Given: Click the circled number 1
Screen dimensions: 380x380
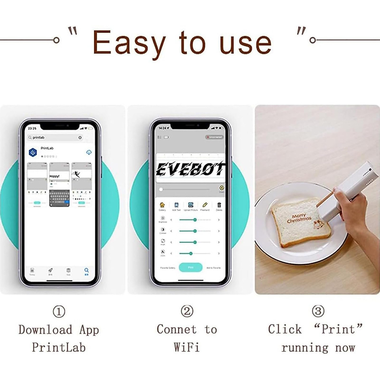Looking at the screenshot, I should tap(59, 311).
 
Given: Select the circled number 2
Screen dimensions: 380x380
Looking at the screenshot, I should tap(187, 311).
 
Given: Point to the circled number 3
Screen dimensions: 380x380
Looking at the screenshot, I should tap(318, 311).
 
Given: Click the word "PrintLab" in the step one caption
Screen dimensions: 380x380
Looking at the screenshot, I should tap(59, 347).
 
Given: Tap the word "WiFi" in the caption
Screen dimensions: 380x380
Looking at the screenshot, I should tap(187, 347).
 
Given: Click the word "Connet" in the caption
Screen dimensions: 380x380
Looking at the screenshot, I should tap(177, 329).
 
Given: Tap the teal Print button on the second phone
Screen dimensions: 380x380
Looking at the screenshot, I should tap(191, 268).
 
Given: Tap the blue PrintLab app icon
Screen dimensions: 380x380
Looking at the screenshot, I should tap(33, 152).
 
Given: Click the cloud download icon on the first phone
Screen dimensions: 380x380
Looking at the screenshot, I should tap(89, 152).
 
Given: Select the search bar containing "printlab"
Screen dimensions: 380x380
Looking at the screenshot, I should tap(55, 137).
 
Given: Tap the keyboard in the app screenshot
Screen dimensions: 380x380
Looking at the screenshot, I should tap(59, 198).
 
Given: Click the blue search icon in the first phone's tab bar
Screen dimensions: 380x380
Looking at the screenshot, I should tap(86, 271).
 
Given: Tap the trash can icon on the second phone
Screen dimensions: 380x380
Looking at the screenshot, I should tap(219, 205).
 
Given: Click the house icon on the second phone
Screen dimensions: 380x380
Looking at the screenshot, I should tap(162, 205).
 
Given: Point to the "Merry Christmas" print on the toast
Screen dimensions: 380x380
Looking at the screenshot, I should tap(299, 218).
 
